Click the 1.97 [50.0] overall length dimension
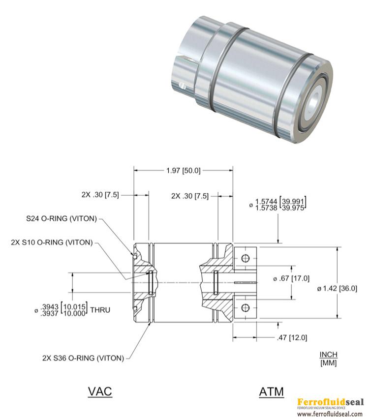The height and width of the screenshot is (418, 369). (183, 171)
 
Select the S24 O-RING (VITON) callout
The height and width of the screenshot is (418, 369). (62, 218)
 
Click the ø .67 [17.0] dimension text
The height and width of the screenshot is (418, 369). (291, 278)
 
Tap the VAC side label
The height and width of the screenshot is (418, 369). (100, 391)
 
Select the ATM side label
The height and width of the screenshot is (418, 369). (272, 391)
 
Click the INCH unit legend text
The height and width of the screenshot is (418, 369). (329, 355)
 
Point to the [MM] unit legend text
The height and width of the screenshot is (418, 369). (329, 363)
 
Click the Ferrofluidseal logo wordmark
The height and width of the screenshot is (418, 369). (330, 401)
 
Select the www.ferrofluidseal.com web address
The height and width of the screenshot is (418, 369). (330, 414)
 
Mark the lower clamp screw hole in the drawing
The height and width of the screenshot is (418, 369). (246, 308)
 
